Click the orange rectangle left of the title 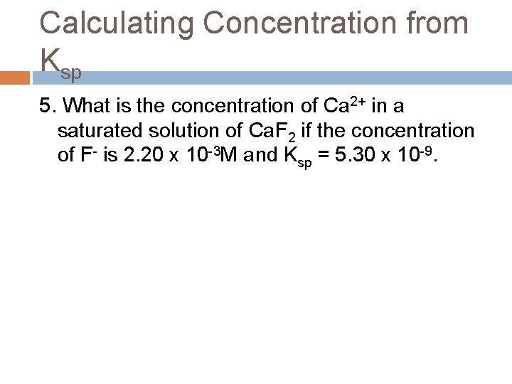point(16,78)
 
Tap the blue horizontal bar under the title point(284,78)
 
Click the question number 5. point(46,107)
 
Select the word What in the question point(88,107)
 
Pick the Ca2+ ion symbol point(344,106)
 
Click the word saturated point(99,131)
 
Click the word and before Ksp point(262,155)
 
